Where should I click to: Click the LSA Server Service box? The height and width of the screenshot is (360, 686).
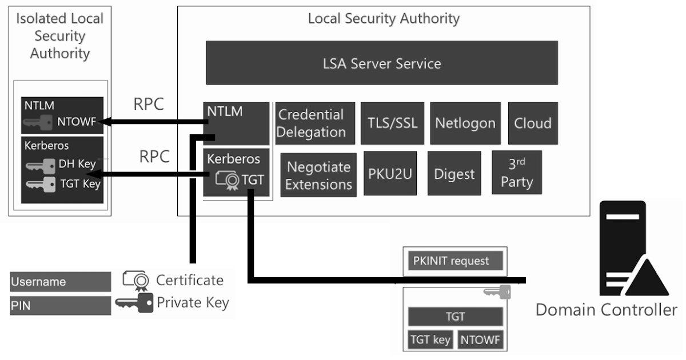pyautogui.click(x=382, y=63)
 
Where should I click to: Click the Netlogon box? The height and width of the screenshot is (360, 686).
pyautogui.click(x=465, y=123)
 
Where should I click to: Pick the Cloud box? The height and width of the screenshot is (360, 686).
pyautogui.click(x=533, y=123)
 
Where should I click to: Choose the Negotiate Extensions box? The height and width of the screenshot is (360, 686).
pyautogui.click(x=318, y=175)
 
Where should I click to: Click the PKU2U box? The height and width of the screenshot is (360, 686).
pyautogui.click(x=390, y=173)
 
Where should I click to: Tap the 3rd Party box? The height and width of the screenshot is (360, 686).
pyautogui.click(x=517, y=173)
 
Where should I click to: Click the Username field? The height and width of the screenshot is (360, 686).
pyautogui.click(x=60, y=282)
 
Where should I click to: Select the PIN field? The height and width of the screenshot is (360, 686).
pyautogui.click(x=60, y=305)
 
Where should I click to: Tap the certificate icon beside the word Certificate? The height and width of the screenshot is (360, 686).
pyautogui.click(x=136, y=280)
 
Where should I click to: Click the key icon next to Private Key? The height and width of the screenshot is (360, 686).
pyautogui.click(x=134, y=302)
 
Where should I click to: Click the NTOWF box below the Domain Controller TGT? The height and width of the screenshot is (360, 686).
pyautogui.click(x=480, y=340)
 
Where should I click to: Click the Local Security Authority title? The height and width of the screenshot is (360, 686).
pyautogui.click(x=383, y=18)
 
